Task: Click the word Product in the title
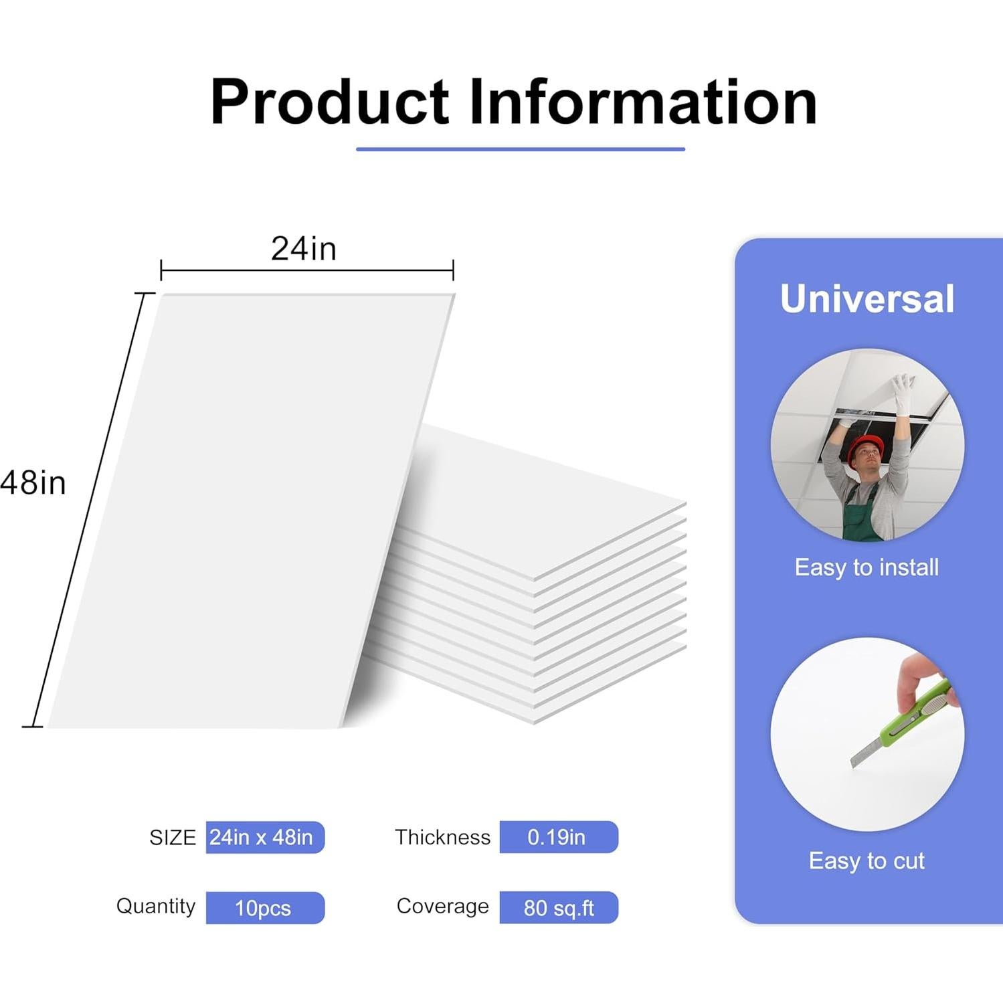click(329, 102)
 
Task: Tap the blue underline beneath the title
click(521, 149)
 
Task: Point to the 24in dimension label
click(304, 249)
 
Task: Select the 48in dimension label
click(33, 482)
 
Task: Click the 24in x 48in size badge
click(265, 837)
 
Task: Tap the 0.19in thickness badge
click(559, 837)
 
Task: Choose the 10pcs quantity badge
click(265, 908)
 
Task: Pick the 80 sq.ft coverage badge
click(559, 908)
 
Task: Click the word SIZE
click(173, 838)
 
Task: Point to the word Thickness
click(442, 837)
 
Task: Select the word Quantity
click(156, 906)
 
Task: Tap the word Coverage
click(443, 906)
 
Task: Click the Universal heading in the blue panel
click(867, 298)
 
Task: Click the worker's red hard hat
click(864, 448)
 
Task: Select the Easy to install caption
click(867, 567)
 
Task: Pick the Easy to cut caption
click(867, 860)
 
